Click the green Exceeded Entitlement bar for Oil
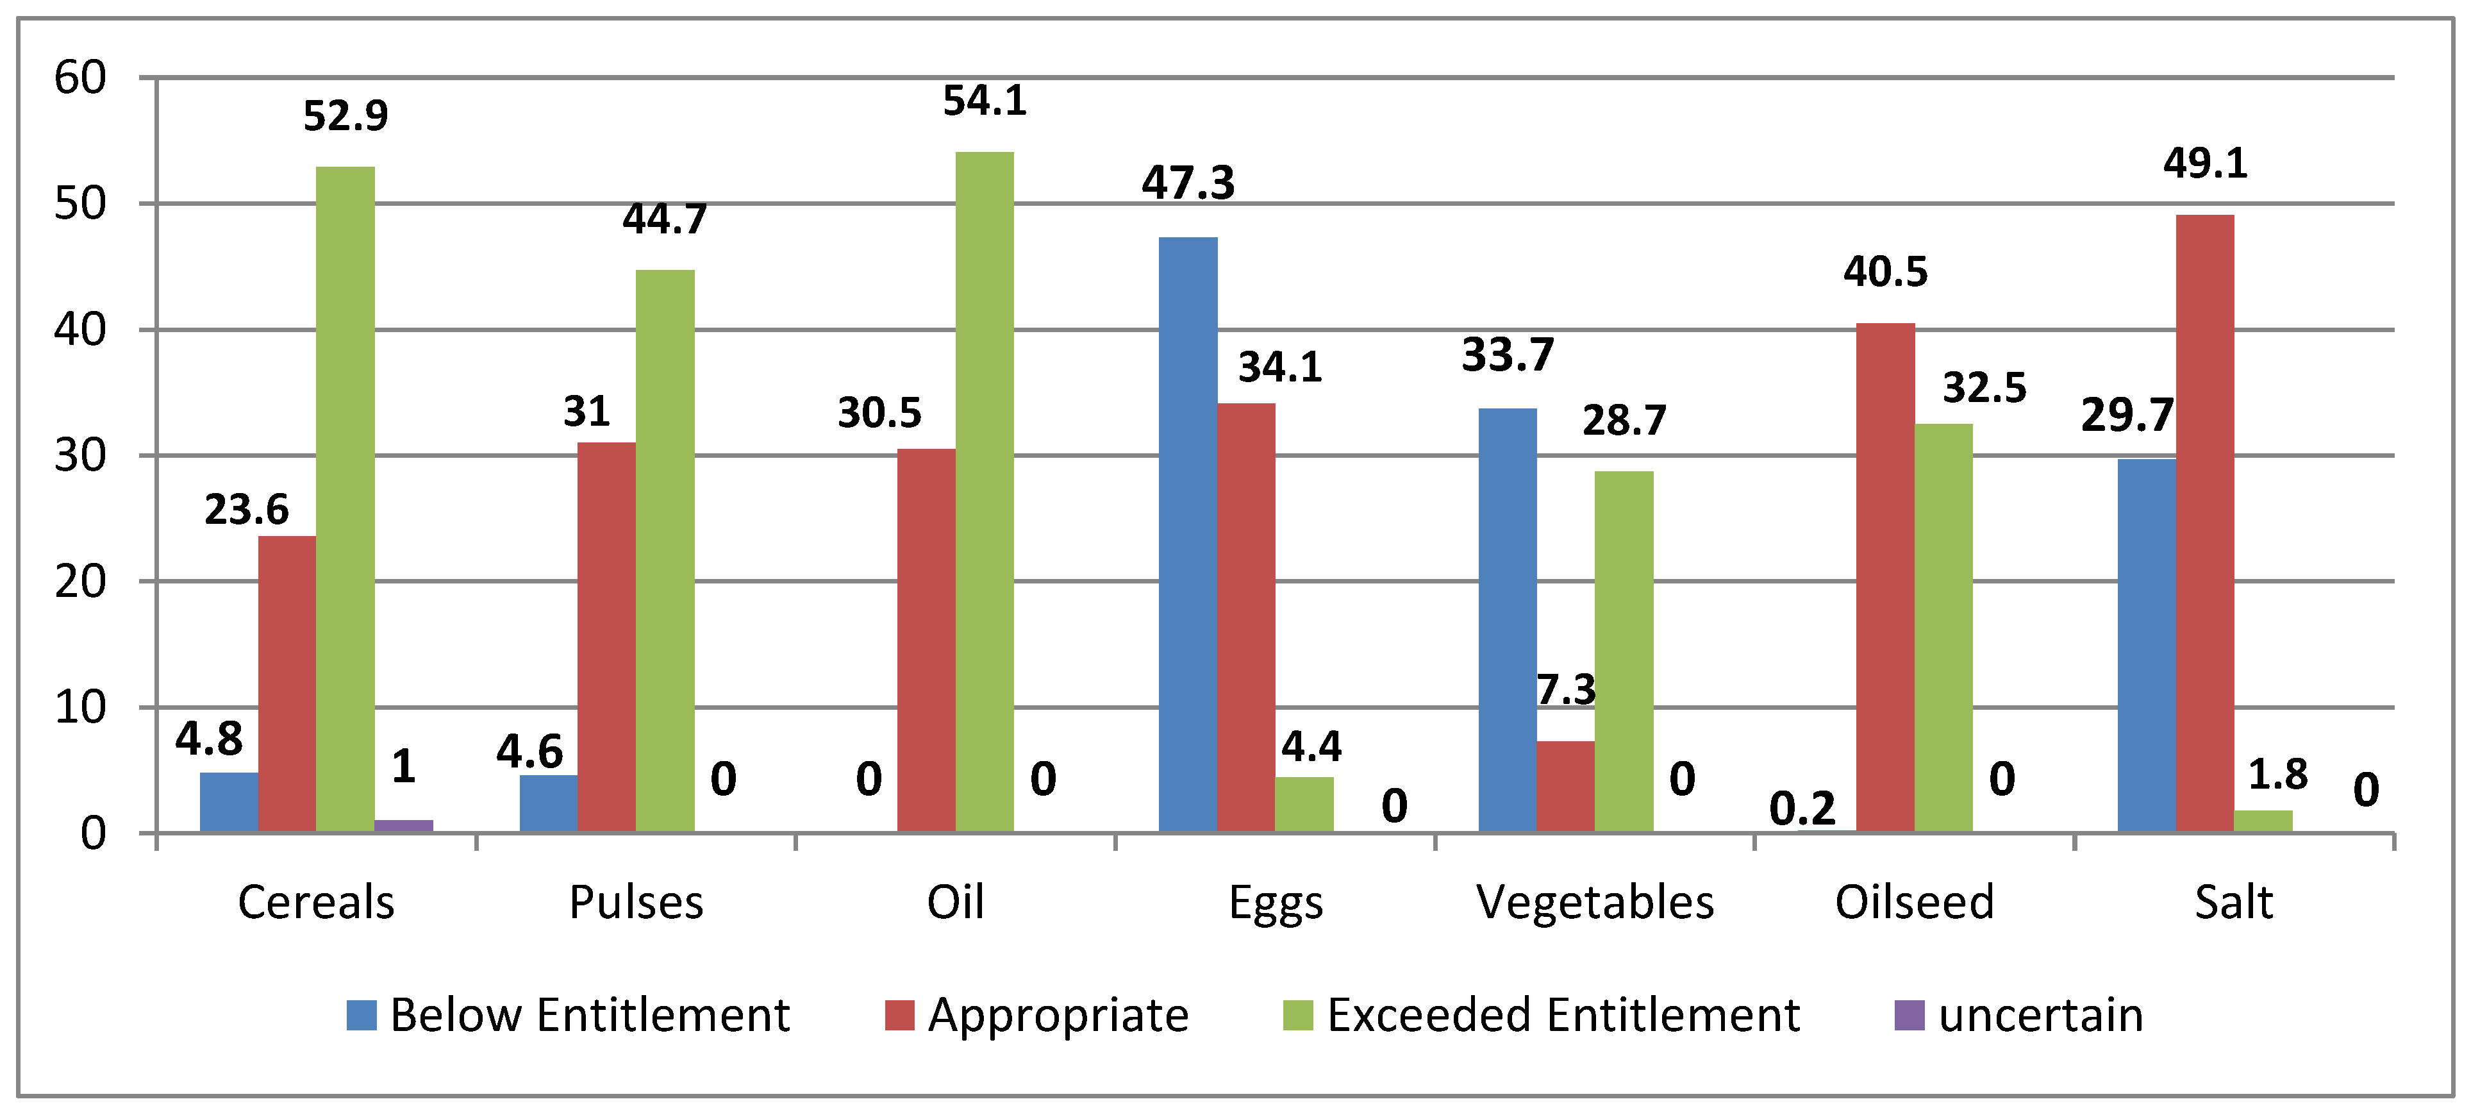(x=984, y=492)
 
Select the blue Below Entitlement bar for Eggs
(x=1188, y=535)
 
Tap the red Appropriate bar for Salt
(x=2205, y=524)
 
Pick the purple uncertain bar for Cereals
(x=404, y=826)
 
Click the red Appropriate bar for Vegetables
(x=1565, y=787)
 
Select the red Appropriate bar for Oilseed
(x=1886, y=578)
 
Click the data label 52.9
(x=345, y=116)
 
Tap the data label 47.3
(x=1188, y=182)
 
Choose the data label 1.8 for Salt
(x=2278, y=775)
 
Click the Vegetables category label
(x=1595, y=902)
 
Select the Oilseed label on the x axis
(x=1915, y=902)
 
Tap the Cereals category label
(x=317, y=902)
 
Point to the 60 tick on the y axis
(x=81, y=78)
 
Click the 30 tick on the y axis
(x=81, y=456)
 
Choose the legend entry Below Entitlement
(x=568, y=1015)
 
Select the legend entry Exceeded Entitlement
(x=1542, y=1015)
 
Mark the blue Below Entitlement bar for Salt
(x=2147, y=646)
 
